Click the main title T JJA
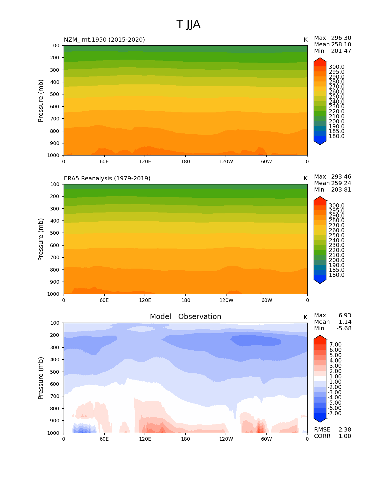point(188,24)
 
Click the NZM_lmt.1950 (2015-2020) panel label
point(104,40)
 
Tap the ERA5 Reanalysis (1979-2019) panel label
point(107,178)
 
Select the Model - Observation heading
point(185,317)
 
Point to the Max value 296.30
point(341,38)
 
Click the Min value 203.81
point(341,190)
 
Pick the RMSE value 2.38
point(345,430)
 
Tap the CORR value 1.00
point(345,436)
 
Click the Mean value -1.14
point(344,322)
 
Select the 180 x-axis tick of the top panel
point(185,162)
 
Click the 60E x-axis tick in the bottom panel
point(104,439)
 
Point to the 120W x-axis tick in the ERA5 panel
point(226,300)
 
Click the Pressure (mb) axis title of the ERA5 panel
point(41,239)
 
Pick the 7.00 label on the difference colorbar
point(335,345)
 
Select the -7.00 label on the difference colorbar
point(334,414)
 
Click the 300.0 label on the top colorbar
point(336,67)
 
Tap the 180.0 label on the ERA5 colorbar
point(336,275)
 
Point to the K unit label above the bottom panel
point(305,317)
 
